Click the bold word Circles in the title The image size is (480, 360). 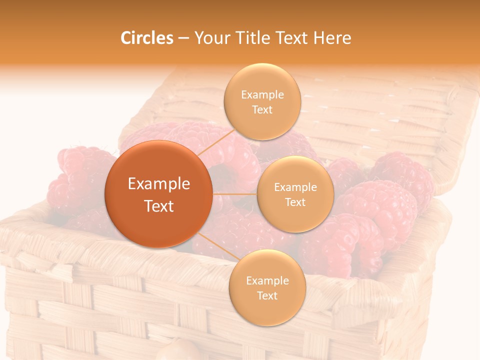(x=147, y=38)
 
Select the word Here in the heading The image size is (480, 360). (x=332, y=38)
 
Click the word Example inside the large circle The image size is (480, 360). (x=159, y=184)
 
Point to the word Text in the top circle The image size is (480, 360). (x=262, y=110)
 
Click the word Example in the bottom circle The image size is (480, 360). (x=267, y=280)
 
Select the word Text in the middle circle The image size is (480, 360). (x=295, y=202)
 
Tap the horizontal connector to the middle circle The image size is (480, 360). (x=234, y=193)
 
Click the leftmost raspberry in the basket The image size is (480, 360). (x=75, y=175)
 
